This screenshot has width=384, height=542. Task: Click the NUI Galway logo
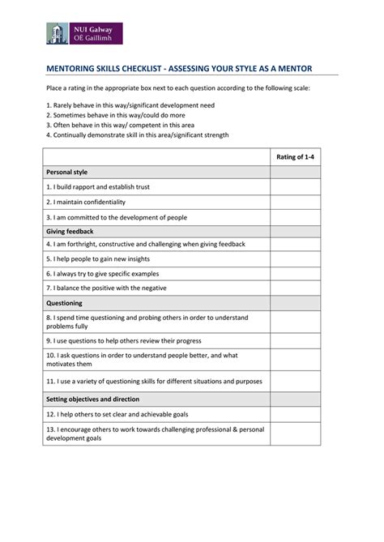[x=84, y=33]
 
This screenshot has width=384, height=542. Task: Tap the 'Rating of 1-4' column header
[x=295, y=157]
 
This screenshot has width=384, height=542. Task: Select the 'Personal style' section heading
[x=67, y=172]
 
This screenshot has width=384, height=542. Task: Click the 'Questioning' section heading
[x=65, y=303]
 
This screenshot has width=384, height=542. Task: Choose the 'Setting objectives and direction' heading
[x=92, y=399]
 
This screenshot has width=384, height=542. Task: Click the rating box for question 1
[x=295, y=187]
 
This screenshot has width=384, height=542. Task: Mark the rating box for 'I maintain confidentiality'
[x=295, y=202]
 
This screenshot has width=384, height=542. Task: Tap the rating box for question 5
[x=295, y=258]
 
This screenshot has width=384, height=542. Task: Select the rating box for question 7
[x=295, y=288]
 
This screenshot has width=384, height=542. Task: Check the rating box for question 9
[x=295, y=341]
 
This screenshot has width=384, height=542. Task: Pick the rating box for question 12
[x=295, y=413]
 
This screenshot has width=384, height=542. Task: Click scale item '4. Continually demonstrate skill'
[x=137, y=135]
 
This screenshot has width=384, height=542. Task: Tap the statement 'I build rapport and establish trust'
[x=98, y=187]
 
